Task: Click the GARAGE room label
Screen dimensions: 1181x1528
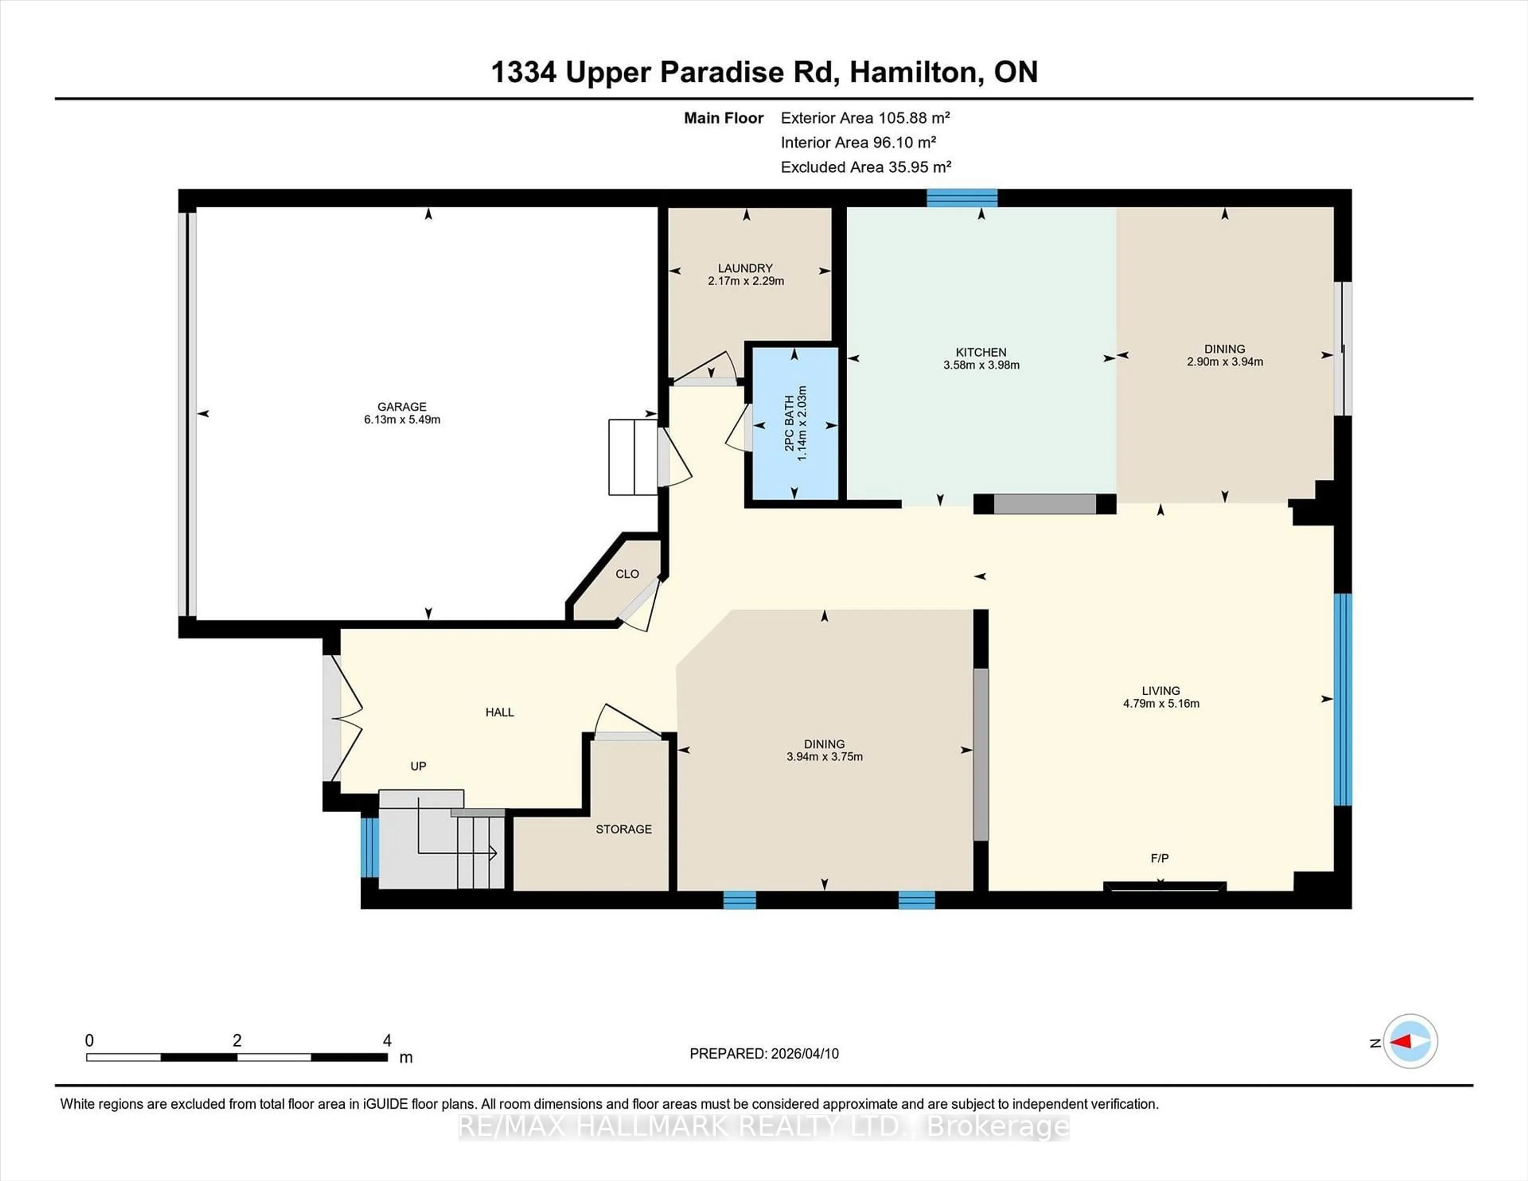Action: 401,407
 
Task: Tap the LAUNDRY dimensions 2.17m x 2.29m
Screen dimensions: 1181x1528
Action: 746,281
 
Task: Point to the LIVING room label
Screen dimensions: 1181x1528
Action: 1161,690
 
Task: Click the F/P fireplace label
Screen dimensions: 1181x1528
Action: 1159,858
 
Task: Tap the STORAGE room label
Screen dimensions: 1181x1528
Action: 624,829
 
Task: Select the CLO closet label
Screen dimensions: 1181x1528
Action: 627,574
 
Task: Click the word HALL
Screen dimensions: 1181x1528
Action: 499,712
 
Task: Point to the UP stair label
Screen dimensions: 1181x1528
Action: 418,766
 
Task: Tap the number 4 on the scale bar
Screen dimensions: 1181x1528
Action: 387,1041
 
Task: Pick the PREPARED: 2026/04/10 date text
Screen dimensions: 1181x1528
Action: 764,1054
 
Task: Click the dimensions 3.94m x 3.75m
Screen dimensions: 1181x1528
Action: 824,756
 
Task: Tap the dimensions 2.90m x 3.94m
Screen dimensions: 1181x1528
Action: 1224,362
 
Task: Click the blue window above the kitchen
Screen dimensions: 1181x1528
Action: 962,198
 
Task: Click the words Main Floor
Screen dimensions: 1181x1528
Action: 723,117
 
